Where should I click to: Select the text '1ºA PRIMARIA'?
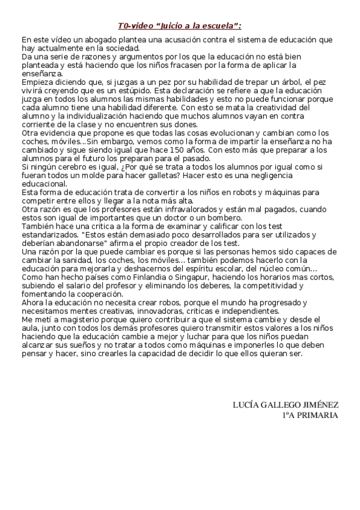(x=310, y=415)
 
